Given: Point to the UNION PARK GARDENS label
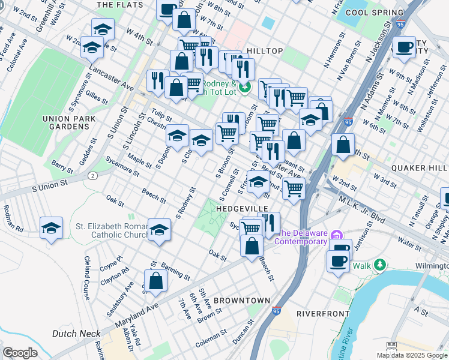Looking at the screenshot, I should click(x=70, y=122).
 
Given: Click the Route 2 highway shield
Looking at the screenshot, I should click(x=92, y=175).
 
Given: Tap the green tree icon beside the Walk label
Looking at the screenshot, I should click(x=379, y=265).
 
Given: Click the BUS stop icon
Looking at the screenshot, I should click(x=391, y=346).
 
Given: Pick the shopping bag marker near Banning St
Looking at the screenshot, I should click(x=155, y=281).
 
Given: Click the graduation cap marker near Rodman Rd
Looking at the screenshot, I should click(x=52, y=228).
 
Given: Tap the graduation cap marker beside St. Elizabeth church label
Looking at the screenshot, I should click(x=158, y=230).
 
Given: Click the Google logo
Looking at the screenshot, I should click(x=20, y=352).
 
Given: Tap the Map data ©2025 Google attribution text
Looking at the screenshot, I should click(x=412, y=355).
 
